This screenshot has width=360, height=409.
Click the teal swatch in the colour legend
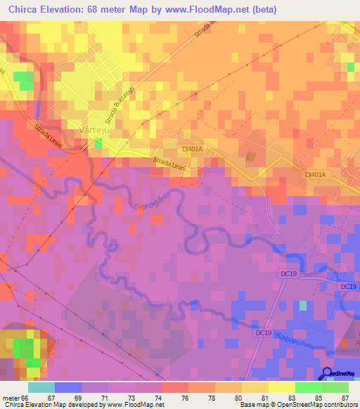point(41,387)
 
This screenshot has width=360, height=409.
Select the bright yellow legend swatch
point(282,387)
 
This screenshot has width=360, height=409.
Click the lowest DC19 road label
point(264,332)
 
